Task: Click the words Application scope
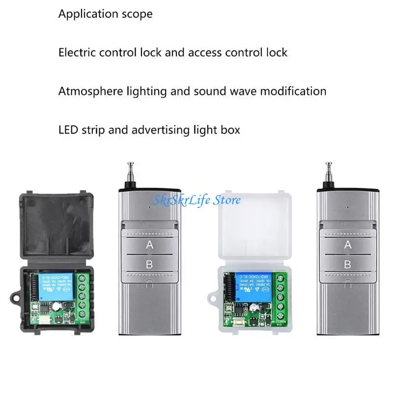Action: (x=105, y=14)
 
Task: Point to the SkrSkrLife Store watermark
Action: (x=196, y=200)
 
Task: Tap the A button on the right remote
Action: (x=348, y=244)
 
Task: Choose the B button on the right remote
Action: (x=348, y=264)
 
